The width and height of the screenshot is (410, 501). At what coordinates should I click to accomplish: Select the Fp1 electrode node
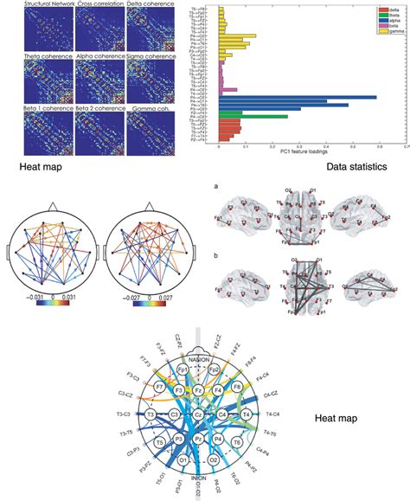click(183, 369)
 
